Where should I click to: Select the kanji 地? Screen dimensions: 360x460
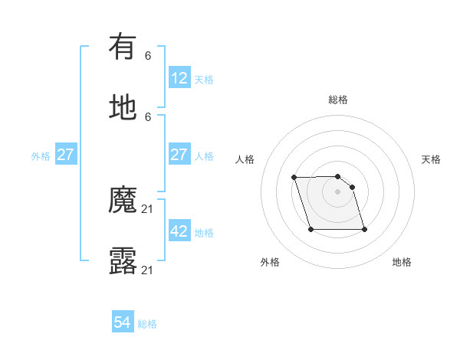point(123,107)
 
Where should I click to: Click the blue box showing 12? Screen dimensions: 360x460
point(179,78)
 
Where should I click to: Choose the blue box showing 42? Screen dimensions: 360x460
point(179,231)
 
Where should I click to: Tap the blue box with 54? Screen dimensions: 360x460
point(123,323)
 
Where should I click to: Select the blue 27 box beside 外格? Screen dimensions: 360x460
point(66,155)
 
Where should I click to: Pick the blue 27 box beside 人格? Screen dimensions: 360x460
point(179,155)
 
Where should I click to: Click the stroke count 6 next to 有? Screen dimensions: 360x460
point(148,56)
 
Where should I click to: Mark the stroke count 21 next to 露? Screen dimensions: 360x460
point(148,270)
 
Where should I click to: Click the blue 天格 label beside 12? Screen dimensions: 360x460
point(204,80)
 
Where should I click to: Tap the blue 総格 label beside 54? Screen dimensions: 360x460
point(147,325)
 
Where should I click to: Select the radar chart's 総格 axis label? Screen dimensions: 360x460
point(338,100)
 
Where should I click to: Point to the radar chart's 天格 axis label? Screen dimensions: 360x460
point(431,159)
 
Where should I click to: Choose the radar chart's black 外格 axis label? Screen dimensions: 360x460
point(270,262)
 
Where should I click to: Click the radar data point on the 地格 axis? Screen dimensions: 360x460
point(364,230)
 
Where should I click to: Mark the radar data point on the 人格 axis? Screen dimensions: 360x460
point(294,178)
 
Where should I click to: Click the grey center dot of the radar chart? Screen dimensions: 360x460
point(338,191)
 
